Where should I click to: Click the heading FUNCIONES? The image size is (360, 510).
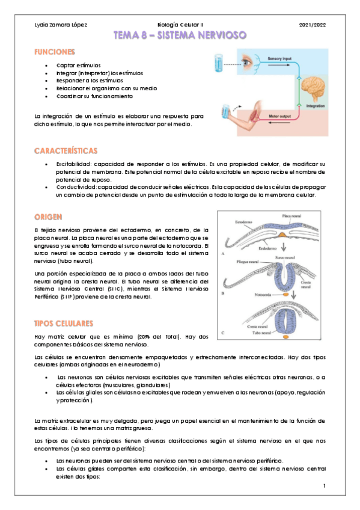55,53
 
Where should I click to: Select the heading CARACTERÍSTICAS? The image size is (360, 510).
66,150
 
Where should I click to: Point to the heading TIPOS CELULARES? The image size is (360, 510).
63,322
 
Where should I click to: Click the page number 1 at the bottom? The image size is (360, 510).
324,485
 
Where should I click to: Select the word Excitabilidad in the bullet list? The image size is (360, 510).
73,164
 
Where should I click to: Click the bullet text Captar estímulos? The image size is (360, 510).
78,65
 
